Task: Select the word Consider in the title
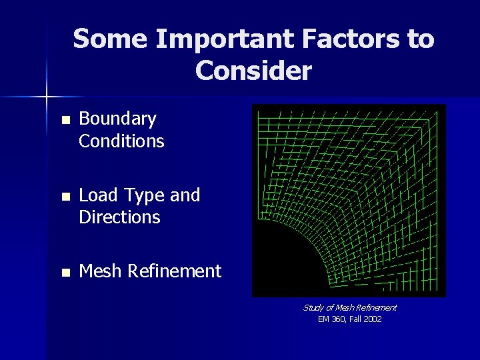(x=253, y=70)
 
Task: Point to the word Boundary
(x=117, y=119)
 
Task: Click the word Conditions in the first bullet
(x=121, y=141)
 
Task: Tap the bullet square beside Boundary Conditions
(x=65, y=121)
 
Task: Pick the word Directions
(x=119, y=217)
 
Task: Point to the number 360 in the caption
(x=338, y=319)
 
